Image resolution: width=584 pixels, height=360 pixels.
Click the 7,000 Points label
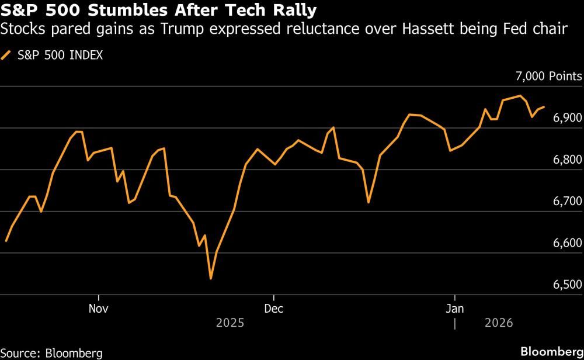tap(548, 77)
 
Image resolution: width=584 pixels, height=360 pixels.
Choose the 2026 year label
tap(498, 323)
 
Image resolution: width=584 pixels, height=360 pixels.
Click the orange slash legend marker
tap(7, 56)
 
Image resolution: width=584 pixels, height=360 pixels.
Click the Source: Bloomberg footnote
tap(51, 353)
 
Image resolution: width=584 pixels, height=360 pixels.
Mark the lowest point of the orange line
tap(210, 279)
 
